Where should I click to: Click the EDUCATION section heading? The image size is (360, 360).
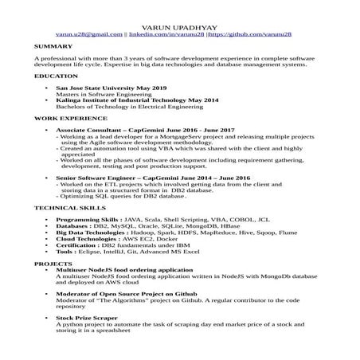[56, 75]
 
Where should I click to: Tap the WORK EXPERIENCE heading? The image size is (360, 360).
[68, 118]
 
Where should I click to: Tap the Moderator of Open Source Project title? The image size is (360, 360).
[119, 293]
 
